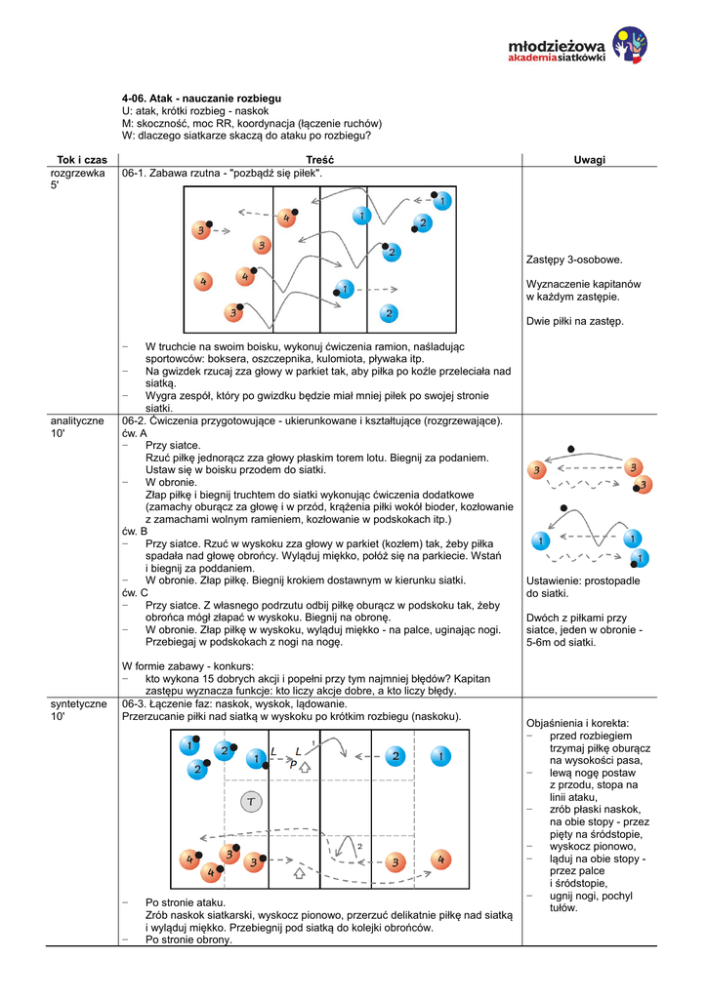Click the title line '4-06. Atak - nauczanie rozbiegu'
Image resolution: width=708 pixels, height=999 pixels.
click(x=201, y=100)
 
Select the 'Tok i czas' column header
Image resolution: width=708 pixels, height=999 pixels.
click(x=82, y=159)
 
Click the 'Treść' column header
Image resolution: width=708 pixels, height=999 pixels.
click(x=319, y=159)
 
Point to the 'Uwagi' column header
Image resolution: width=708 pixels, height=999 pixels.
click(x=589, y=159)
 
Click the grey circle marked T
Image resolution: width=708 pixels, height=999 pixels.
click(x=250, y=801)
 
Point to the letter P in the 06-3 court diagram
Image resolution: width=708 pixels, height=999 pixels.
click(x=293, y=766)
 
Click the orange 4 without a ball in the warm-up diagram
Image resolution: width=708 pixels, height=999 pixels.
click(x=203, y=281)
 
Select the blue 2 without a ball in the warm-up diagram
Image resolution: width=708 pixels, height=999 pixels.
click(x=388, y=313)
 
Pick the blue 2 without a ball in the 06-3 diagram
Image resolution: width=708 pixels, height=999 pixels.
click(x=396, y=756)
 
